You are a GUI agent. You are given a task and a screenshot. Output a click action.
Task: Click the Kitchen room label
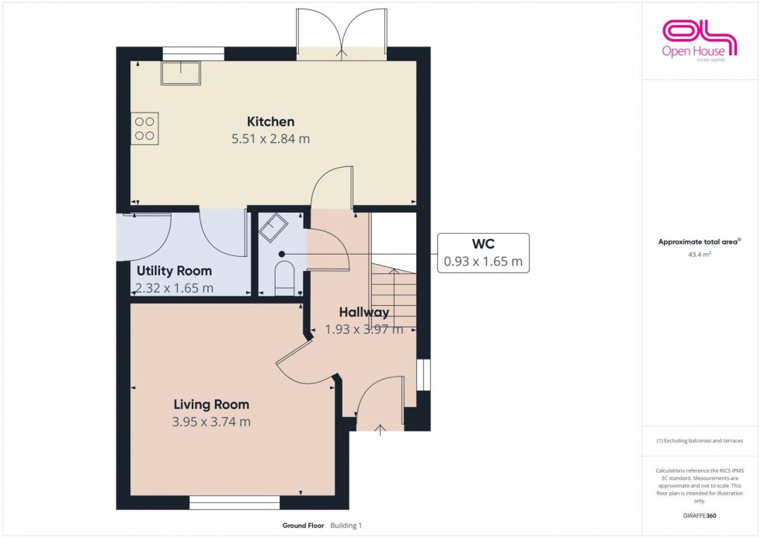coord(270,121)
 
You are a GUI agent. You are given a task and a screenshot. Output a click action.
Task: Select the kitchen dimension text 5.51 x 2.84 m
coord(270,139)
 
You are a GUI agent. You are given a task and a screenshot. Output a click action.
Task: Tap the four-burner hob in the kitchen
coord(144,128)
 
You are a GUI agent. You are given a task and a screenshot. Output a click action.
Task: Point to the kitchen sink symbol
coord(180,73)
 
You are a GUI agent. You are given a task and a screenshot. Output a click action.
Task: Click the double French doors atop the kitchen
coord(342,35)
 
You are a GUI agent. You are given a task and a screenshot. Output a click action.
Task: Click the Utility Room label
coord(174,271)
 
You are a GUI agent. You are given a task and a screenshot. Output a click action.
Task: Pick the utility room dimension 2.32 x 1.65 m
coord(174,288)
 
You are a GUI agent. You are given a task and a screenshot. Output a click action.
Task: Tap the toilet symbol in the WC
coord(284,277)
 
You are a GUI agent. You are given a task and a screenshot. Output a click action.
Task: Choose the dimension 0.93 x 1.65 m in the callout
coord(482,262)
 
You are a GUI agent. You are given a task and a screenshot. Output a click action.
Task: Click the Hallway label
coord(363,312)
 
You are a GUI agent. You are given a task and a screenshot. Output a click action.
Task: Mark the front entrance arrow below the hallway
coord(380,428)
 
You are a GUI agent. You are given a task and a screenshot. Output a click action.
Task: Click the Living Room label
coord(211,404)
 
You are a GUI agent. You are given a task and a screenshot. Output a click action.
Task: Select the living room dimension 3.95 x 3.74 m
coord(211,422)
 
